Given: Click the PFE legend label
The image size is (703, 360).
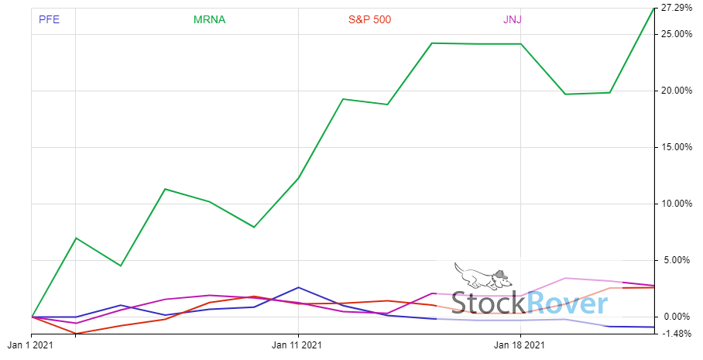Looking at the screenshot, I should [x=49, y=19].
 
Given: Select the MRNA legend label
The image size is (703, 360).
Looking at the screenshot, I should [x=210, y=19].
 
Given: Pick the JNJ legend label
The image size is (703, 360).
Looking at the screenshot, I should [x=512, y=19].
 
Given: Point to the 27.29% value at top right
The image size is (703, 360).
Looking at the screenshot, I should [x=677, y=9].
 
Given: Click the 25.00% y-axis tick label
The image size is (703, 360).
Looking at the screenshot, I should [x=677, y=34].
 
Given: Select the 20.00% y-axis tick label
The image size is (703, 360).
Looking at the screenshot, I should [x=677, y=91].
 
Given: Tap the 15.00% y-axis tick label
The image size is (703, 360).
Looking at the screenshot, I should [x=677, y=147].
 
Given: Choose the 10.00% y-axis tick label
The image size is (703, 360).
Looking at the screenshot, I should [x=677, y=204].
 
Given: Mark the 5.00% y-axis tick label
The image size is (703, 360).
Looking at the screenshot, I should [x=679, y=260].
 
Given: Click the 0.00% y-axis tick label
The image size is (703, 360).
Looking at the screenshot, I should [x=679, y=317].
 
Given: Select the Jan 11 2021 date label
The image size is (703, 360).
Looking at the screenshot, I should [x=298, y=345].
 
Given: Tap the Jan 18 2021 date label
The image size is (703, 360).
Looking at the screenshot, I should [x=520, y=345].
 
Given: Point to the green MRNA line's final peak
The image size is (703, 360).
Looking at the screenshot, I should [x=654, y=9].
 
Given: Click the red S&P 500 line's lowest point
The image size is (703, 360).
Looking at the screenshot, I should [x=76, y=334].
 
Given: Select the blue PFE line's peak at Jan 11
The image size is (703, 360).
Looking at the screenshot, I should [x=298, y=287].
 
